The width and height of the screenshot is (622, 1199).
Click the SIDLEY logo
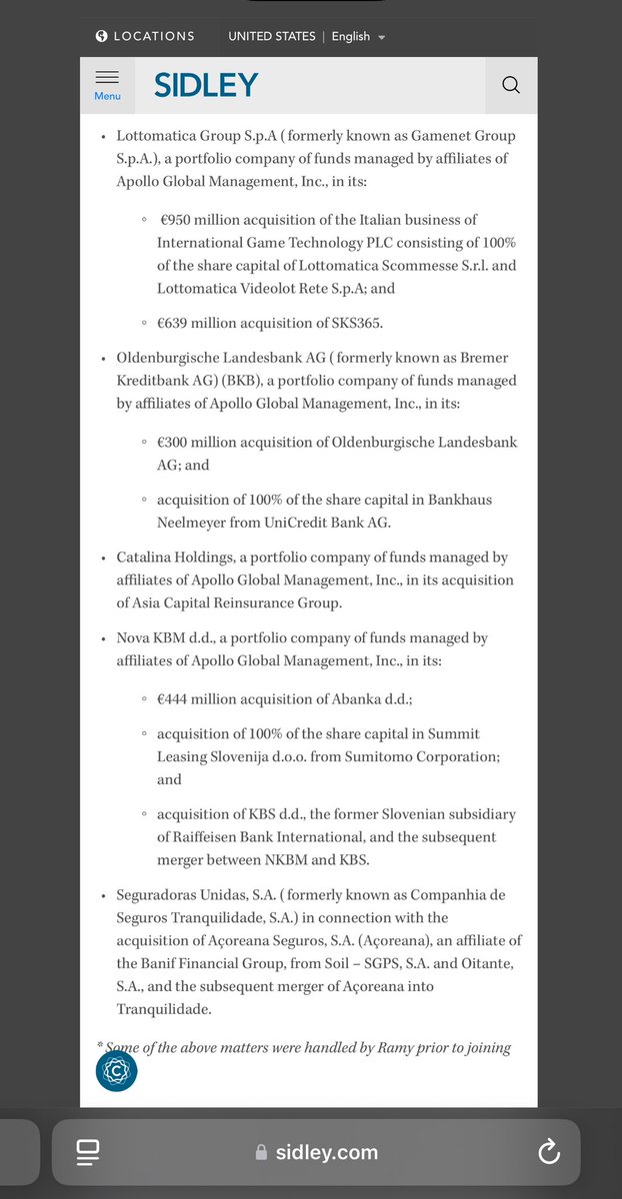[206, 85]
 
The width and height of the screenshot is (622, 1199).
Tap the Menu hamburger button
[107, 84]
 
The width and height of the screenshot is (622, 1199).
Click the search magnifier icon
[511, 85]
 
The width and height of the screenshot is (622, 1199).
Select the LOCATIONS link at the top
[154, 36]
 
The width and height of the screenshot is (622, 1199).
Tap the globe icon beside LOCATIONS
[101, 36]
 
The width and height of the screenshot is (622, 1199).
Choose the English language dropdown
[358, 36]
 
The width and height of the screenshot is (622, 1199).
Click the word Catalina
[147, 558]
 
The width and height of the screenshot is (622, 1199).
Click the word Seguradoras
[161, 894]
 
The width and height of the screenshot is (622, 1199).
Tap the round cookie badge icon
[116, 1071]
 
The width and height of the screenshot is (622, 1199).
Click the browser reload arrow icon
[548, 1152]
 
